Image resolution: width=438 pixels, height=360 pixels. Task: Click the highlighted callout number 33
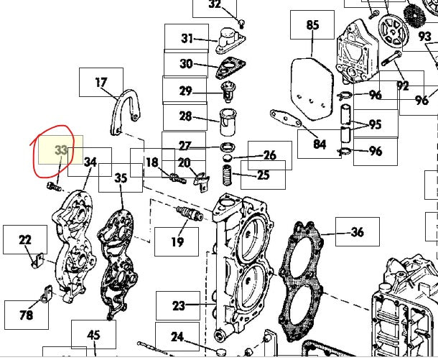click(61, 150)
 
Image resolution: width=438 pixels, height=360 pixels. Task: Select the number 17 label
click(101, 83)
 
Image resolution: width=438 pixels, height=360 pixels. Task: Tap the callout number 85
click(312, 24)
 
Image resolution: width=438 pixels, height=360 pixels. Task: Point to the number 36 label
click(358, 232)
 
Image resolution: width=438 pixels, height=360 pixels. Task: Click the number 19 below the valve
click(177, 241)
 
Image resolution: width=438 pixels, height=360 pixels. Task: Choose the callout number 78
click(27, 315)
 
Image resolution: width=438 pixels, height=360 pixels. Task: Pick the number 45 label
click(93, 335)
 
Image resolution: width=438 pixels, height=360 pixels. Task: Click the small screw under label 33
click(54, 186)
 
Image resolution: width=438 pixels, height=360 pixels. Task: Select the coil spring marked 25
click(227, 175)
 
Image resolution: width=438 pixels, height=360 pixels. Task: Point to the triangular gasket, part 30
click(230, 68)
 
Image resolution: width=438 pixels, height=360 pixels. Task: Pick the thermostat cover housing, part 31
click(230, 40)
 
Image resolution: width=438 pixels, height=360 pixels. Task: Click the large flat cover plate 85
click(312, 89)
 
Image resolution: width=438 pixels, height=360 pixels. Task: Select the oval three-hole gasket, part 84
click(286, 119)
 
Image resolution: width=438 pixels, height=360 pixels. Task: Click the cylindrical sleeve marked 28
click(228, 122)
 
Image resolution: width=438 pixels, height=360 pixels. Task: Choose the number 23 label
click(178, 305)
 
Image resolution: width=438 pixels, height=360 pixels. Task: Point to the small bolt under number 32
click(242, 24)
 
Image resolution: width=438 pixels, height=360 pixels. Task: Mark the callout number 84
click(320, 144)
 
